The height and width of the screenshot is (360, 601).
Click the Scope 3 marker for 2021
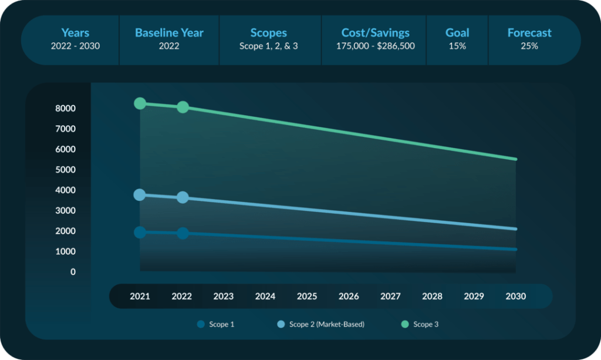pyautogui.click(x=140, y=103)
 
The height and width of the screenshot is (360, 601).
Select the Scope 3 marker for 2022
pyautogui.click(x=183, y=107)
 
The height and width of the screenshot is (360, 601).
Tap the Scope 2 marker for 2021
pyautogui.click(x=140, y=194)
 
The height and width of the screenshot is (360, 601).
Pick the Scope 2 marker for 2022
pyautogui.click(x=183, y=197)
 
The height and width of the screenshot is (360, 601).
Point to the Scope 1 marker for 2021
pyautogui.click(x=140, y=232)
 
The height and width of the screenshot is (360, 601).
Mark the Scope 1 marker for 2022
pyautogui.click(x=183, y=233)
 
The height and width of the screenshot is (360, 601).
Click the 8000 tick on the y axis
pyautogui.click(x=65, y=109)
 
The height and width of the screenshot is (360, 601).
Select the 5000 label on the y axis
pyautogui.click(x=65, y=170)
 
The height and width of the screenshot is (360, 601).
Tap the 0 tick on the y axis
pyautogui.click(x=73, y=272)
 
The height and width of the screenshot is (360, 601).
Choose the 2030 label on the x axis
pyautogui.click(x=515, y=297)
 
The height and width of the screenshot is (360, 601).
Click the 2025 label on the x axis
pyautogui.click(x=307, y=297)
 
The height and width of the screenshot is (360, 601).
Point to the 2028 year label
pyautogui.click(x=432, y=297)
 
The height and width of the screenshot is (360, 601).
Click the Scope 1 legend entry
pyautogui.click(x=216, y=324)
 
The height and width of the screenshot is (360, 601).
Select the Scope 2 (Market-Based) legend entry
pyautogui.click(x=320, y=324)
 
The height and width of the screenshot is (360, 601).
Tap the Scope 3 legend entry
pyautogui.click(x=420, y=324)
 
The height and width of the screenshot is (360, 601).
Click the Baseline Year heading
pyautogui.click(x=168, y=33)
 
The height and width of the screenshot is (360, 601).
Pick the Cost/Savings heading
pyautogui.click(x=376, y=33)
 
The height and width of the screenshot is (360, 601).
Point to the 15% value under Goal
pyautogui.click(x=457, y=46)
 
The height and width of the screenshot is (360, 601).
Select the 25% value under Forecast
pyautogui.click(x=529, y=46)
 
